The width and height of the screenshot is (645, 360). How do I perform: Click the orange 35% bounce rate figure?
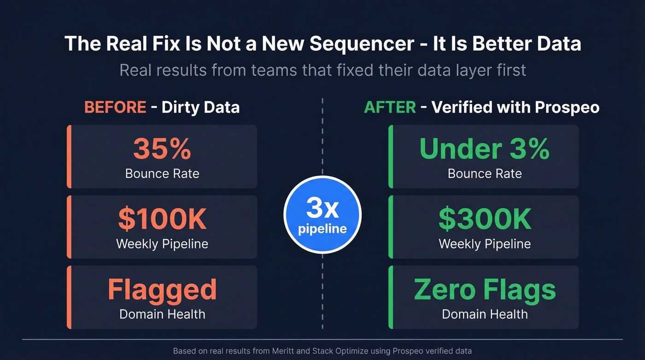click(x=162, y=148)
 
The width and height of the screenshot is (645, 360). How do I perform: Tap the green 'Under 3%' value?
click(x=484, y=148)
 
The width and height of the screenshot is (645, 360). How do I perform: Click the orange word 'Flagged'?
click(x=162, y=289)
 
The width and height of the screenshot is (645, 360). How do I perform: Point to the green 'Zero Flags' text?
click(x=485, y=289)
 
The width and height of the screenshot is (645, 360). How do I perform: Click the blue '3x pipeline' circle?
click(x=322, y=214)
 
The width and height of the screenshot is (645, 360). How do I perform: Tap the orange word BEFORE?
click(x=115, y=107)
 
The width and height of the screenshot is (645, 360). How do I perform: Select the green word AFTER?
click(x=390, y=107)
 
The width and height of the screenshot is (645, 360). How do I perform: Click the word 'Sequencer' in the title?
click(x=362, y=44)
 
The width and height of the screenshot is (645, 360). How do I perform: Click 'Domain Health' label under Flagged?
click(x=162, y=314)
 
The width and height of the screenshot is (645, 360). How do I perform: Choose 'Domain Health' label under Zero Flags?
click(x=485, y=314)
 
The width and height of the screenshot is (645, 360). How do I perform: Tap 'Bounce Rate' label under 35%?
click(x=162, y=174)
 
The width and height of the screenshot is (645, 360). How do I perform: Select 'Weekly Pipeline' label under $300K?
click(x=485, y=244)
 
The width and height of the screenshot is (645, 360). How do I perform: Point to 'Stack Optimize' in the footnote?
click(x=340, y=351)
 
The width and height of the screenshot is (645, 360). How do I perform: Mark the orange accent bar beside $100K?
click(x=69, y=227)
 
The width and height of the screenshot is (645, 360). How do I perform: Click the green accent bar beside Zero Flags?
click(x=391, y=297)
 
